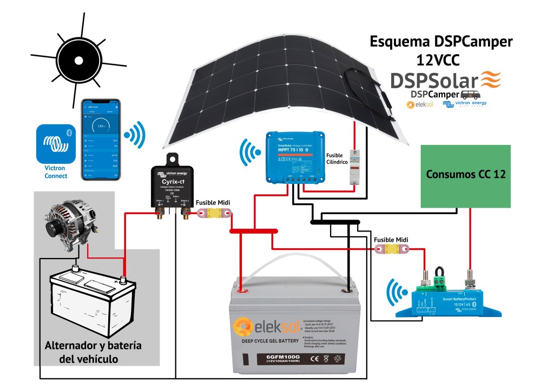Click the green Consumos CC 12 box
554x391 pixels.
coord(466,176)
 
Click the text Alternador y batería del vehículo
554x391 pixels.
coord(93,352)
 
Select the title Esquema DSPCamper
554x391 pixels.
coord(440,42)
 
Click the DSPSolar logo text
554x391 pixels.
coord(436,81)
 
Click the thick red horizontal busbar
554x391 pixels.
coord(254,231)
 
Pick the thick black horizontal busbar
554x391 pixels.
coord(335,222)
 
